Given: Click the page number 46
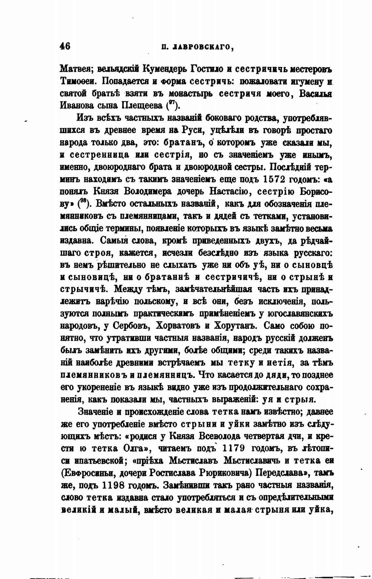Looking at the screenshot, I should coord(65,46).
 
